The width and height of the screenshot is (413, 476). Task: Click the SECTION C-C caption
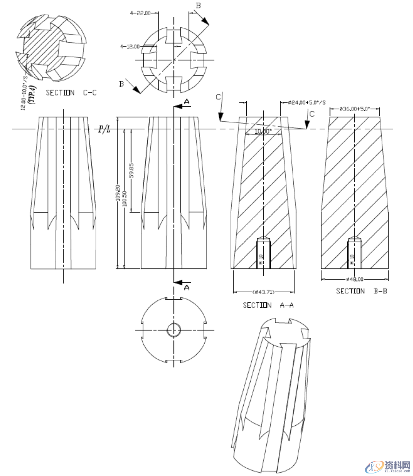pyautogui.click(x=71, y=93)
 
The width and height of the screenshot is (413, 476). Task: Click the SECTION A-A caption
pyautogui.click(x=268, y=305)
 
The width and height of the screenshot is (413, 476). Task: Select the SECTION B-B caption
pyautogui.click(x=361, y=291)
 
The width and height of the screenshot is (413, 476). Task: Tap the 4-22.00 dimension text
pyautogui.click(x=140, y=13)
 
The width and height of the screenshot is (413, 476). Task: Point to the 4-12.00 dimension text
pyautogui.click(x=130, y=46)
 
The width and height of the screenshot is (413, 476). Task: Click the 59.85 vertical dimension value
pyautogui.click(x=131, y=170)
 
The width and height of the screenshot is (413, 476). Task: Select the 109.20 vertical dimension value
pyautogui.click(x=117, y=193)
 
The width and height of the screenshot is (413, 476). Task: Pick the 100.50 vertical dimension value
pyautogui.click(x=124, y=199)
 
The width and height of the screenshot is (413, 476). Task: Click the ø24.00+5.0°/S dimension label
pyautogui.click(x=306, y=102)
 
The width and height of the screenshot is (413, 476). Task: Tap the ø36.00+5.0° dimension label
pyautogui.click(x=354, y=109)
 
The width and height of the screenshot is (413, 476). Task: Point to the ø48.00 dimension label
pyautogui.click(x=355, y=279)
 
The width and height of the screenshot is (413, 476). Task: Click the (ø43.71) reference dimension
pyautogui.click(x=263, y=292)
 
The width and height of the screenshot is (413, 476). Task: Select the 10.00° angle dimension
pyautogui.click(x=263, y=131)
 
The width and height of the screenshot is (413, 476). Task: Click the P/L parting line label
pyautogui.click(x=104, y=129)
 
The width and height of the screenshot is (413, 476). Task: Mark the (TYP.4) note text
pyautogui.click(x=32, y=94)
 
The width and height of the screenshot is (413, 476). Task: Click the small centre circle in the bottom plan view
pyautogui.click(x=174, y=330)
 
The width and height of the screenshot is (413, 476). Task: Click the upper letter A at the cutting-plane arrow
pyautogui.click(x=186, y=102)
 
